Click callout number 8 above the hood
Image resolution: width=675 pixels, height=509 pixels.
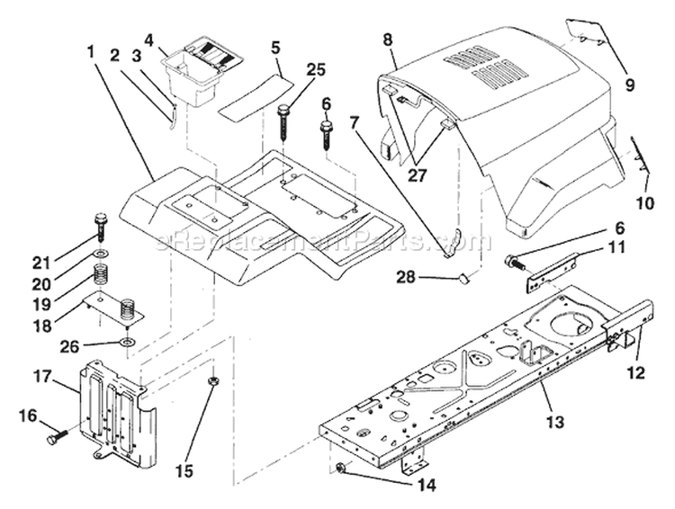(387, 40)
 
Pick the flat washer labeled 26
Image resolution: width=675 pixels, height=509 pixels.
(128, 343)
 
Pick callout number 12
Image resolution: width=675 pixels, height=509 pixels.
(637, 371)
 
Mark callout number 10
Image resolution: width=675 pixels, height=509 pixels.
(645, 204)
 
